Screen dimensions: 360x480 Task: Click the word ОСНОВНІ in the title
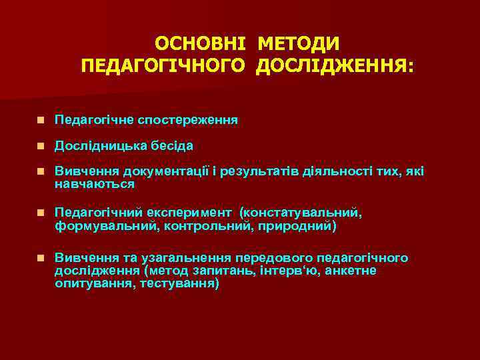(199, 43)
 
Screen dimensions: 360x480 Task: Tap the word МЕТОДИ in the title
(298, 43)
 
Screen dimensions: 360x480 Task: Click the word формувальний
(99, 226)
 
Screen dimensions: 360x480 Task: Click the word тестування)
(180, 283)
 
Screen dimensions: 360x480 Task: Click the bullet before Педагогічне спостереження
(41, 121)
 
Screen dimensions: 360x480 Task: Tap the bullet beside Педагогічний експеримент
(41, 213)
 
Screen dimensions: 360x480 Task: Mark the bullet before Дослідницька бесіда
(41, 145)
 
